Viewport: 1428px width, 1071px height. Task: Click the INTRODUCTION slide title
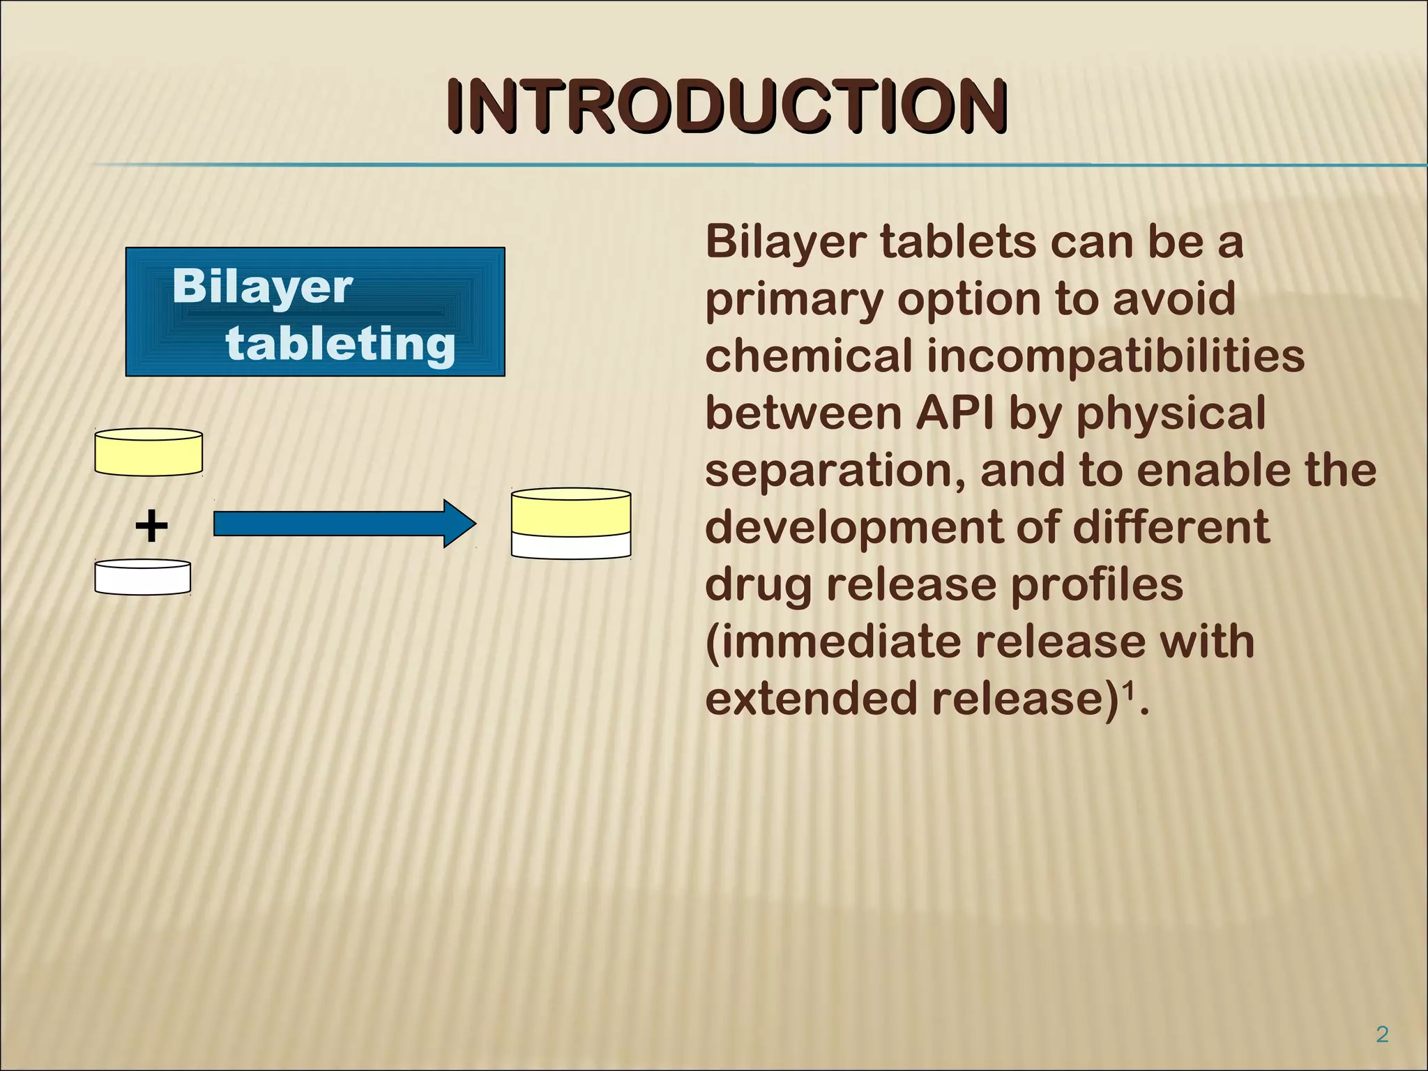(x=727, y=106)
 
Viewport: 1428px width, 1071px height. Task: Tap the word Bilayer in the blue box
(x=262, y=287)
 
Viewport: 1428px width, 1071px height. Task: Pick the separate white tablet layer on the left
(x=143, y=578)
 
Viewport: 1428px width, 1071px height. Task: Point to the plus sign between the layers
(x=151, y=526)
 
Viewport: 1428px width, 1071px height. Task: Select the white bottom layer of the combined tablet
(x=571, y=546)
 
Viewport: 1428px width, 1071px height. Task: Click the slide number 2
(x=1382, y=1034)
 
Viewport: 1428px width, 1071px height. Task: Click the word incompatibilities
(x=1116, y=356)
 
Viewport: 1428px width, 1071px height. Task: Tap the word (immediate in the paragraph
(x=833, y=641)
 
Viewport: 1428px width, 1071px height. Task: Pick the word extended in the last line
(x=811, y=699)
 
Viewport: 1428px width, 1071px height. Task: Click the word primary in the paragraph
(x=793, y=300)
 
